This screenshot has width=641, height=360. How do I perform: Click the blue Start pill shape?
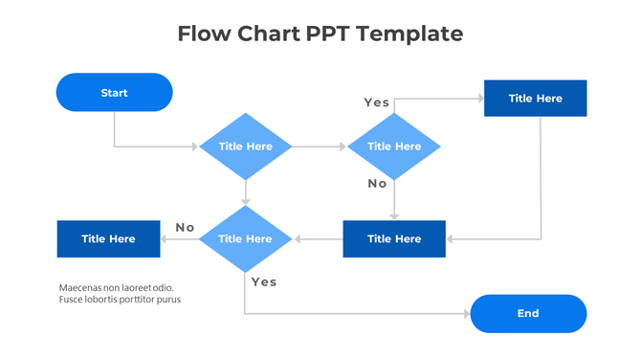point(114,93)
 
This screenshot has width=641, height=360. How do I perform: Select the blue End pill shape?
point(528,313)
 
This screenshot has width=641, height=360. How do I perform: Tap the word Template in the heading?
point(412,34)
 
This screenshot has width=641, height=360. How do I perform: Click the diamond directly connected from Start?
point(246,146)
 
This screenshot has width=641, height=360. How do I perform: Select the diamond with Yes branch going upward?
point(393,146)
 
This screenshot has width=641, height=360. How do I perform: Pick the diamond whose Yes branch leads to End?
point(246,238)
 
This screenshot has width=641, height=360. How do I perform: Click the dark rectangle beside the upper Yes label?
point(535,98)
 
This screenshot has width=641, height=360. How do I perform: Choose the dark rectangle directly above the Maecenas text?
point(108,238)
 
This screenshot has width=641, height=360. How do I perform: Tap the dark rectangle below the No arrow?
point(394,238)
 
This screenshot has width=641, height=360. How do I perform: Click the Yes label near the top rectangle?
point(376,102)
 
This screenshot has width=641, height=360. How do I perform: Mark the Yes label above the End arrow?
point(263,281)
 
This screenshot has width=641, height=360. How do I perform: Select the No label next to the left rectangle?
point(185,227)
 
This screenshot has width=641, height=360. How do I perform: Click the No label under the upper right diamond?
point(377,183)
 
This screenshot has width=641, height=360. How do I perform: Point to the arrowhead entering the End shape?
point(466,313)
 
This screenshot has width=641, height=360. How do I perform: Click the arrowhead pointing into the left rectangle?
point(165,238)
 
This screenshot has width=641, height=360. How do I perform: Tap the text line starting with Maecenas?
point(116,287)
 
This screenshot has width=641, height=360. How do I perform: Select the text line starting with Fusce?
point(120,300)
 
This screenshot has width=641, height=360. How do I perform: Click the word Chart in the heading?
point(264,34)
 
